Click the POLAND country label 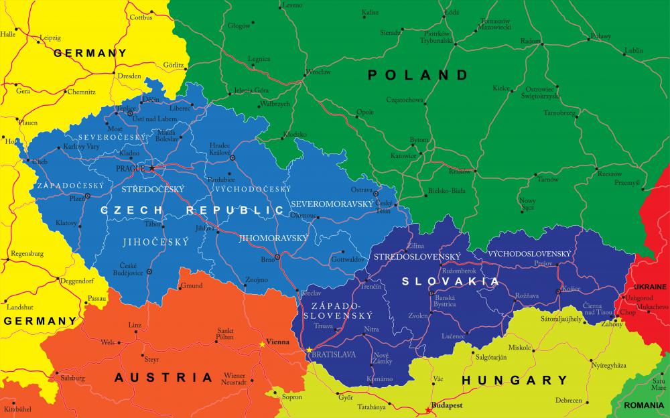point(417,75)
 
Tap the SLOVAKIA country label point(451,281)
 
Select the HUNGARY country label point(515,380)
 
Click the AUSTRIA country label point(163,377)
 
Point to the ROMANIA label point(645,406)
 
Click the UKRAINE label point(650,287)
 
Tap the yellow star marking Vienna point(262,344)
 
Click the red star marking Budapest point(427,410)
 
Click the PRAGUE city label point(130,168)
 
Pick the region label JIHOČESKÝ point(156,242)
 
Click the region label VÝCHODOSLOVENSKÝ point(529,254)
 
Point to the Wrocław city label point(318,72)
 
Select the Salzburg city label point(72,378)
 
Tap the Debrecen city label point(569,400)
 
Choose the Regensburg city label point(27,254)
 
